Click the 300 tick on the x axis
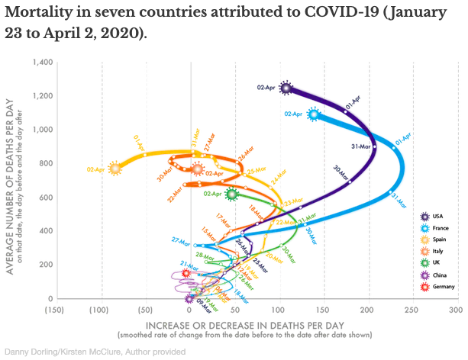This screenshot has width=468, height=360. tap(456, 310)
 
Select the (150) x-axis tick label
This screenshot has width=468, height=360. tap(53, 310)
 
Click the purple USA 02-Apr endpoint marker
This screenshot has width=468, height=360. tap(286, 88)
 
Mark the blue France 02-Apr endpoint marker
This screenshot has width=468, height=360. tap(314, 114)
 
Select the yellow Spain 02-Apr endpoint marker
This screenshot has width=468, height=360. tap(115, 169)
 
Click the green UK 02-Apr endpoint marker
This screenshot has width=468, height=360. tap(233, 194)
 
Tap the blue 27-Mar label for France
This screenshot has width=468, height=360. tap(181, 241)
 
